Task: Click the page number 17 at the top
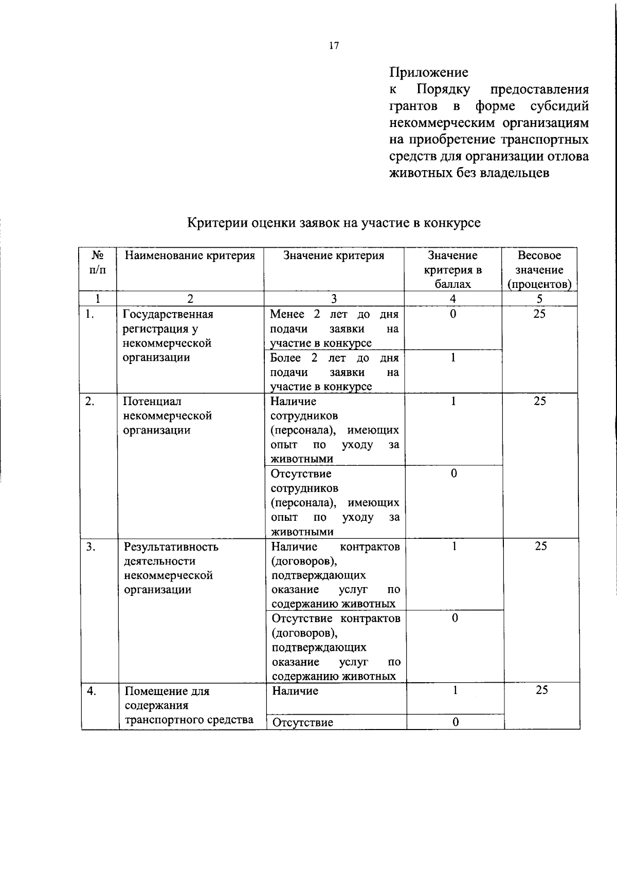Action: pos(334,46)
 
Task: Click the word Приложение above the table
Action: pos(429,72)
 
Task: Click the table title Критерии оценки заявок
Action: pos(334,223)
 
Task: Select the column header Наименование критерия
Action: pos(190,256)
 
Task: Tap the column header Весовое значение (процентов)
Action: pos(539,270)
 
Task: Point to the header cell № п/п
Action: pos(98,263)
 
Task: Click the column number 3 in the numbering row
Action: pos(334,299)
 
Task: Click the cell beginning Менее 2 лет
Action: pos(334,329)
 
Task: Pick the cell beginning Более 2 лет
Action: pos(334,372)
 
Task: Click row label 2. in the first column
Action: pos(90,402)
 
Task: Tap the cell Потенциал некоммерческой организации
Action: pos(168,415)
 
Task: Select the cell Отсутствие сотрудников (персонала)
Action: pos(335,502)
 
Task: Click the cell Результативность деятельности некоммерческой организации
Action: pos(171,568)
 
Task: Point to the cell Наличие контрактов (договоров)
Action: pos(336,575)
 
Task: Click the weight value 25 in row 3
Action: pos(540,547)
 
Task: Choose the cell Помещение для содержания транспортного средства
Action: pos(189,705)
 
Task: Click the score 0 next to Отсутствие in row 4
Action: pos(455,722)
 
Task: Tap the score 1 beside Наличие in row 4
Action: pos(455,690)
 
